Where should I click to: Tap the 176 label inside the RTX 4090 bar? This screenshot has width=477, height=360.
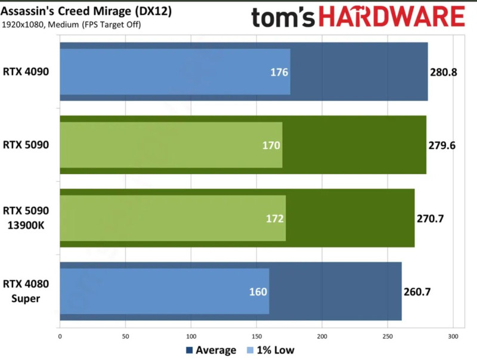pos(279,72)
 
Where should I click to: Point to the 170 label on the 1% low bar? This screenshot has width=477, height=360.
pos(271,145)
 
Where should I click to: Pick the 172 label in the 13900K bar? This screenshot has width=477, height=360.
pos(275,218)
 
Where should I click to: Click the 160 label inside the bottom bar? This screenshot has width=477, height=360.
pos(258,291)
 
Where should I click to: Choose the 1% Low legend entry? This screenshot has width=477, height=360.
pos(272,350)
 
